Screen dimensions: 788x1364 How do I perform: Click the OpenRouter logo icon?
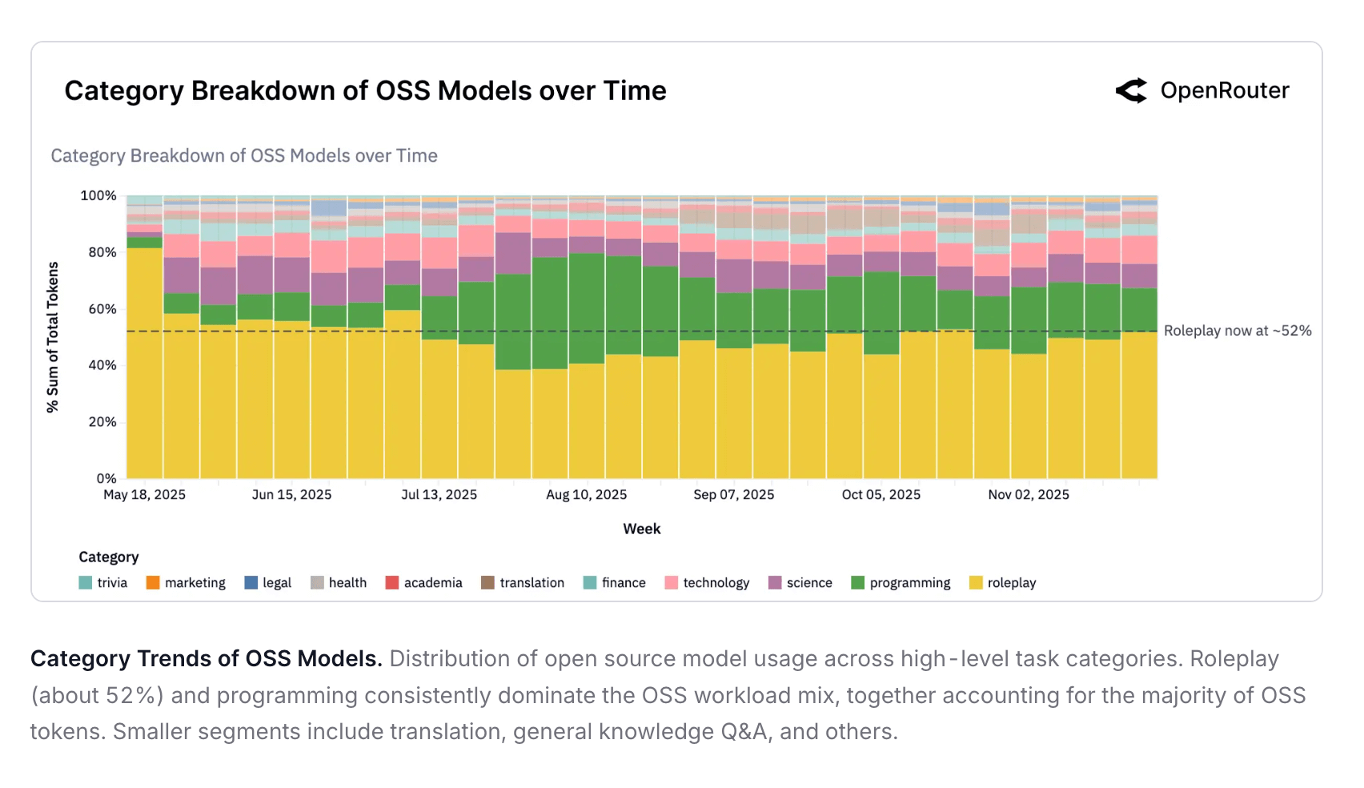(x=1131, y=90)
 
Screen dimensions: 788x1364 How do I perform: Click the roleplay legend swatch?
(x=976, y=583)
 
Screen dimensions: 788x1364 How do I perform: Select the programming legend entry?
(x=901, y=583)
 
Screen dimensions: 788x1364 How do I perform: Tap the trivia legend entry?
(x=103, y=583)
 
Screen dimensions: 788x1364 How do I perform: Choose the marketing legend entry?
(x=186, y=583)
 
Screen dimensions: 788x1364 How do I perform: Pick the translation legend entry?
(x=523, y=583)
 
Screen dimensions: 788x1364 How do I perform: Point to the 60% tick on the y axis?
(x=102, y=309)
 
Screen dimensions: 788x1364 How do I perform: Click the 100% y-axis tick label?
(x=98, y=195)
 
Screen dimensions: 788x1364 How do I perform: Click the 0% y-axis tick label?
(x=106, y=479)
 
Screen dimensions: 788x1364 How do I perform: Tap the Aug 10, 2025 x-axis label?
(x=587, y=495)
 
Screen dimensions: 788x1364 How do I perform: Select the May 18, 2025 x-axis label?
(x=144, y=495)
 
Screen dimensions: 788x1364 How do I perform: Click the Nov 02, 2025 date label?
(x=1029, y=495)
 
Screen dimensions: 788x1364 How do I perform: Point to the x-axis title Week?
(x=642, y=529)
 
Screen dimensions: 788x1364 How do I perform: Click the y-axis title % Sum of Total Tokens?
(x=53, y=337)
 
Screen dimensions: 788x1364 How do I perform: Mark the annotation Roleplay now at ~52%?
(x=1238, y=331)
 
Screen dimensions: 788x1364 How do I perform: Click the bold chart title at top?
(x=365, y=91)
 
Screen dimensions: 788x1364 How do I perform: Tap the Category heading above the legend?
(x=109, y=557)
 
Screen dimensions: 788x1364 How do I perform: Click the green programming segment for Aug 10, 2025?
(x=587, y=308)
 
